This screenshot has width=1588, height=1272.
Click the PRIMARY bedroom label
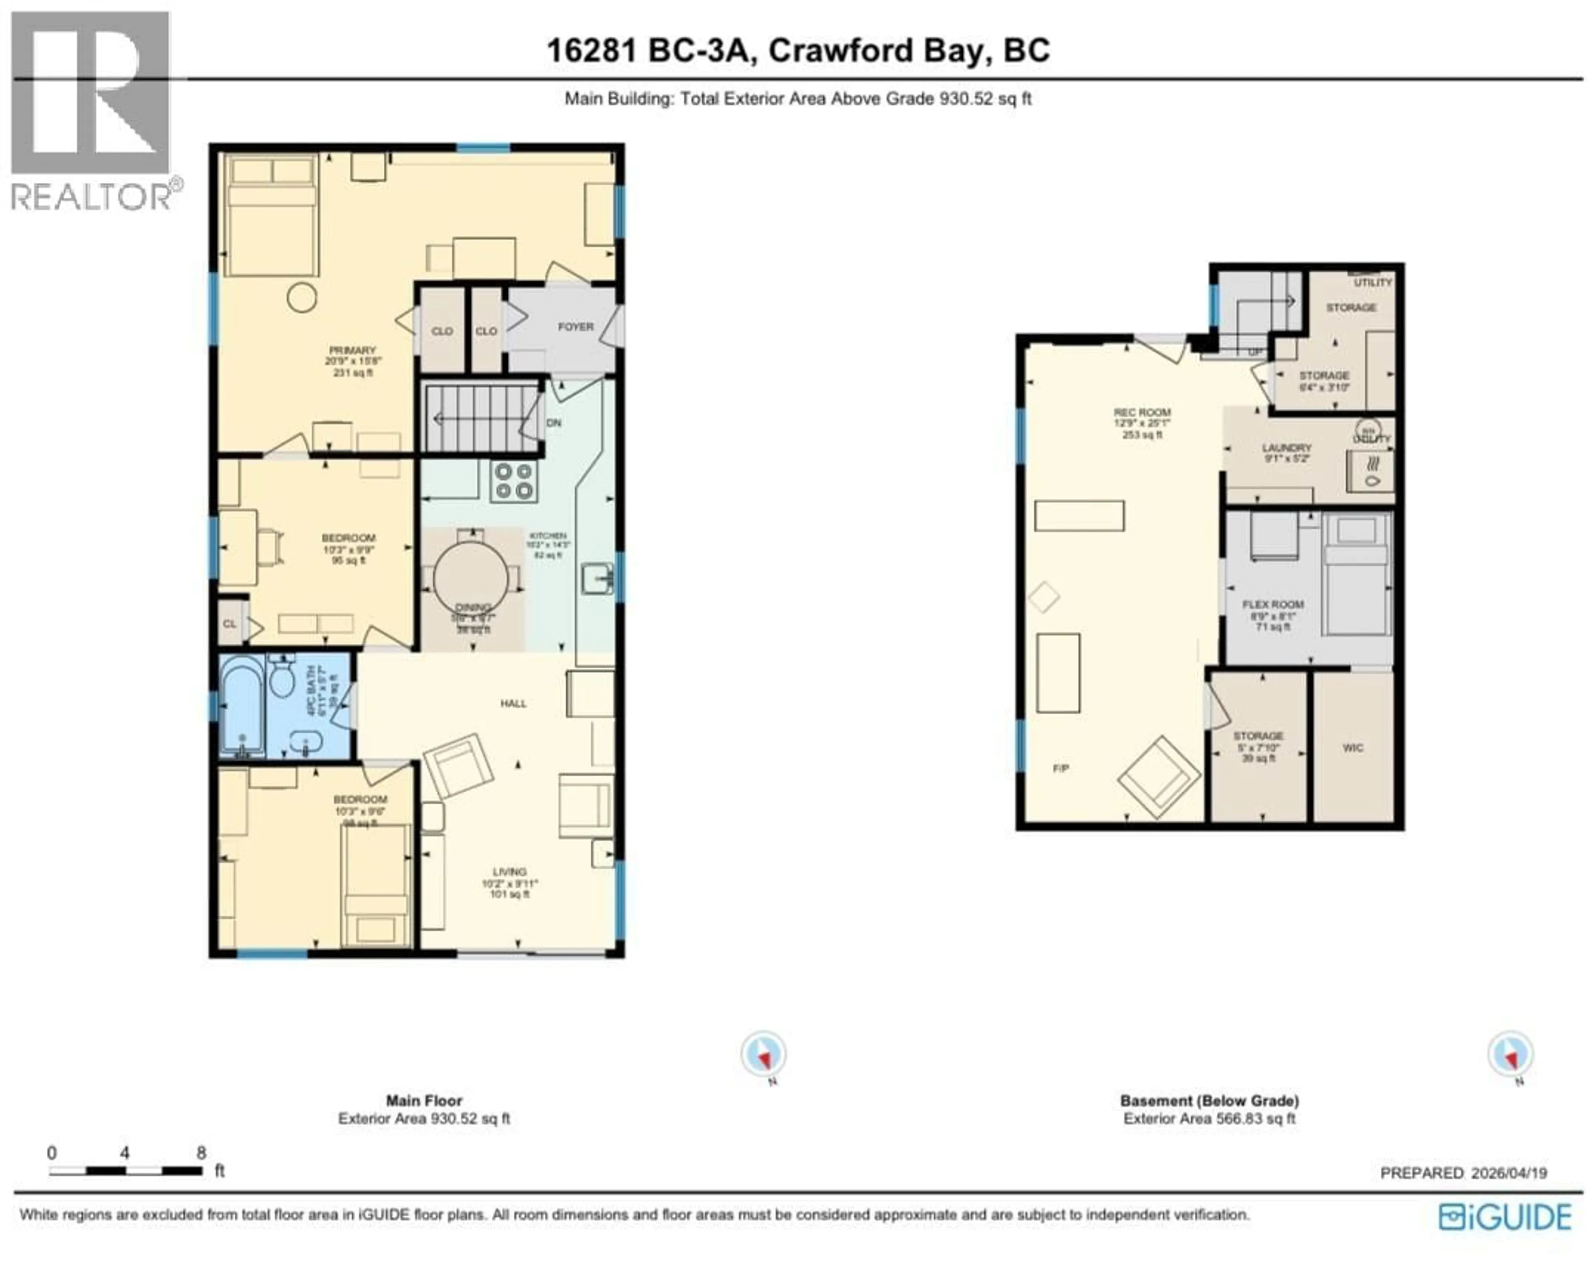352,351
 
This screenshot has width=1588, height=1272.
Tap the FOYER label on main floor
575,326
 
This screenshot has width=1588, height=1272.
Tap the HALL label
513,703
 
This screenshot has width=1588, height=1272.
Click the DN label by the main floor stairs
554,423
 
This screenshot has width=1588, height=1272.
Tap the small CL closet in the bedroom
230,624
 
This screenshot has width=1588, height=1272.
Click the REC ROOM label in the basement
1142,412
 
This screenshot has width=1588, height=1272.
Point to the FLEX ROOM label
1272,605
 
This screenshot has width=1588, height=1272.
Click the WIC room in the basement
1353,748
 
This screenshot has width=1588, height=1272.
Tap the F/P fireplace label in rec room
1061,768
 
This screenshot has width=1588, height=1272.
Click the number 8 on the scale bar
201,1152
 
